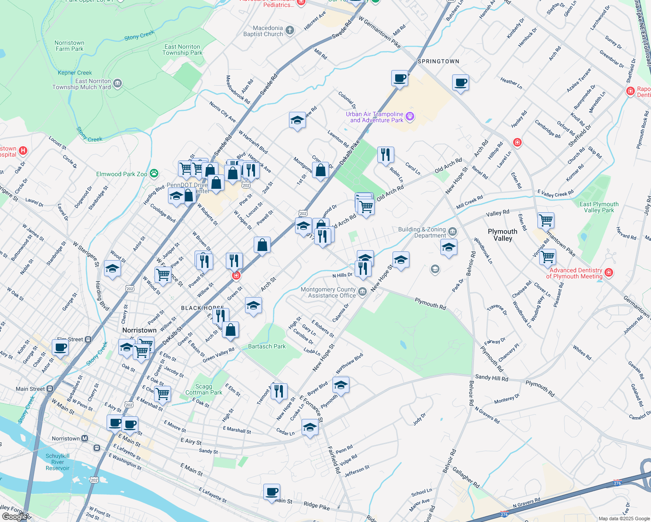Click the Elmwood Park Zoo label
122,174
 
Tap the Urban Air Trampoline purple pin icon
409,117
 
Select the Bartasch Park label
267,347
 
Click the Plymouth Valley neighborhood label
503,235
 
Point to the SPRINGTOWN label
438,61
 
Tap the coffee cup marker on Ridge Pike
272,492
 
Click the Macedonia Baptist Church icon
290,30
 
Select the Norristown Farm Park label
70,46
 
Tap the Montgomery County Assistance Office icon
362,291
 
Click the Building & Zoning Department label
422,232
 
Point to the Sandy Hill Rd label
492,378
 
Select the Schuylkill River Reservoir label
57,462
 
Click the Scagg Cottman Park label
204,389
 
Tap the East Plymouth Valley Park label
599,207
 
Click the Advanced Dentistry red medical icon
609,272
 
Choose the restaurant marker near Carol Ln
386,154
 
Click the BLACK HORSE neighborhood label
202,308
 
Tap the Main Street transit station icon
50,389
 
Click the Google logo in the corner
16,516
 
